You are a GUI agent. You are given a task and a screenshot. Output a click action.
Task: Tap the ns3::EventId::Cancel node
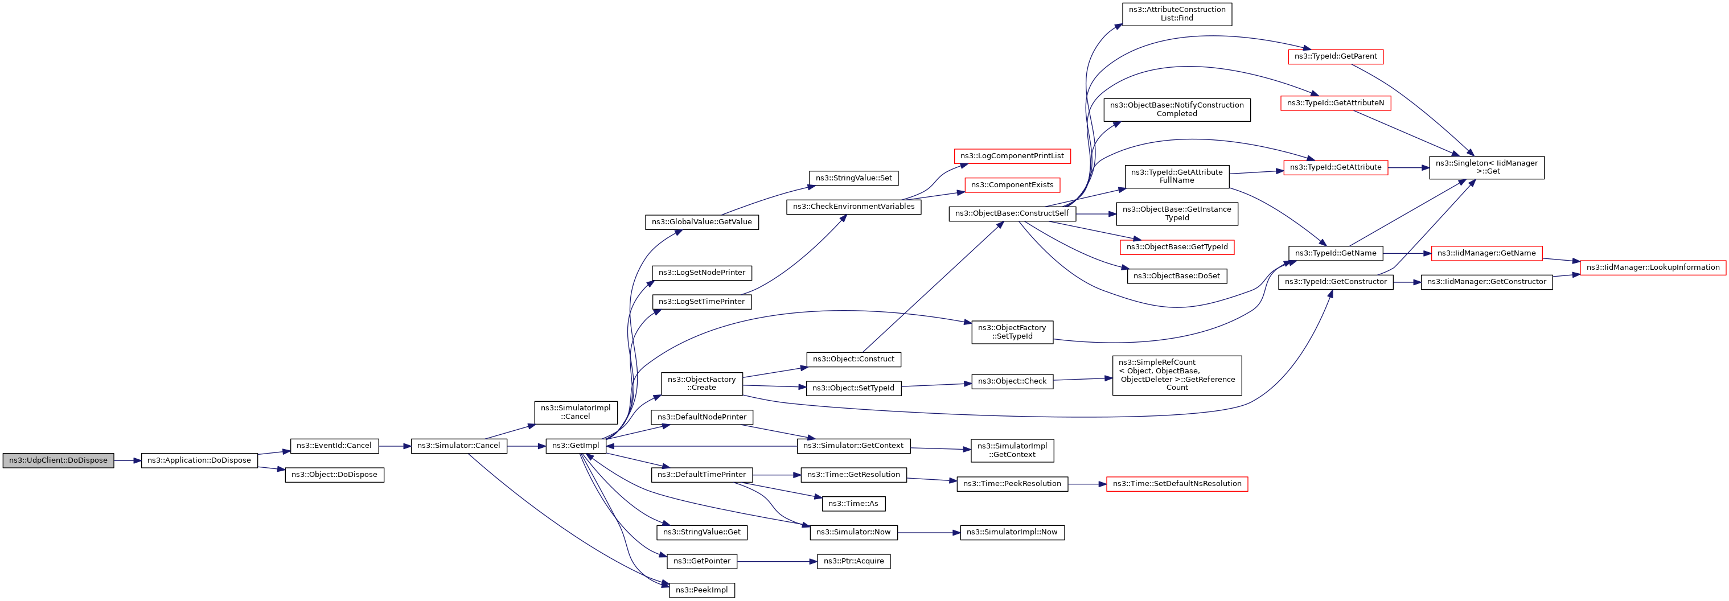pos(334,446)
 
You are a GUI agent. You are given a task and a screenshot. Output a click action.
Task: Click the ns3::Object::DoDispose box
pos(334,475)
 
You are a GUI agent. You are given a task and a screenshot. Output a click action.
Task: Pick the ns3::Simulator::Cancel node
pos(458,446)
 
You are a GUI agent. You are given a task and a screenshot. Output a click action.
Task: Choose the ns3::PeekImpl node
pos(701,590)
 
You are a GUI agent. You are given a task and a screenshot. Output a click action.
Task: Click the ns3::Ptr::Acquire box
pos(853,561)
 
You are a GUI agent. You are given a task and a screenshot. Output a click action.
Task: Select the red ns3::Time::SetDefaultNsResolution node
pos(1177,484)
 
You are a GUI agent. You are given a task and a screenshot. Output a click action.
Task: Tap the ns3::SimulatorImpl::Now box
pos(1012,533)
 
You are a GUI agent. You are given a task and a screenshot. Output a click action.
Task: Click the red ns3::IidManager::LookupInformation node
pos(1653,267)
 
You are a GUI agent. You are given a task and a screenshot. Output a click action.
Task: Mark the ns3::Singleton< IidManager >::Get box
pos(1486,168)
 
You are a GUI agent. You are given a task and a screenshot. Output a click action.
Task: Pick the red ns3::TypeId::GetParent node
pos(1335,57)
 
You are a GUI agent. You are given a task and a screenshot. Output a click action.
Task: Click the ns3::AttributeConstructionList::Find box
pos(1177,14)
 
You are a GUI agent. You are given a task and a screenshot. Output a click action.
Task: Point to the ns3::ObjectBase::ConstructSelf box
pos(1012,214)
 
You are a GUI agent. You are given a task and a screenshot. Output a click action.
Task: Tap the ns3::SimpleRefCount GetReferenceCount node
pos(1177,376)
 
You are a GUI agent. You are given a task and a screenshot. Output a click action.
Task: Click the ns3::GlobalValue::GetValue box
pos(701,222)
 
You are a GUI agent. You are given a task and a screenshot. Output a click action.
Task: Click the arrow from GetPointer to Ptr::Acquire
pos(777,561)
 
